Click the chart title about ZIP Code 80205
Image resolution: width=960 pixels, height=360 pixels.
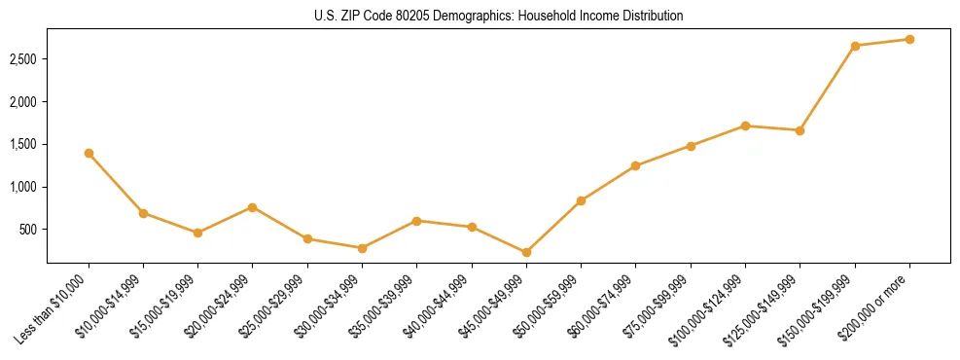click(498, 16)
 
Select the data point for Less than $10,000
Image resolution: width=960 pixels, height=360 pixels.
click(89, 153)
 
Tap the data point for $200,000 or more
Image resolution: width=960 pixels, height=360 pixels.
click(909, 39)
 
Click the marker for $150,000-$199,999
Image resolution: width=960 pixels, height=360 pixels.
click(855, 46)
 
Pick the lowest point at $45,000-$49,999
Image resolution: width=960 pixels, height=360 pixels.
click(526, 252)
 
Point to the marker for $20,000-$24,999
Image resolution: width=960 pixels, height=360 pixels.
click(253, 207)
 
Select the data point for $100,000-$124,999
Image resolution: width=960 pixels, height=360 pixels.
click(745, 126)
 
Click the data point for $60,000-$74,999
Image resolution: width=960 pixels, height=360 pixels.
click(636, 165)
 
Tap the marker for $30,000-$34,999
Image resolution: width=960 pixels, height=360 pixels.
click(362, 248)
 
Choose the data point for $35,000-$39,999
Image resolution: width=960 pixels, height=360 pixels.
click(417, 221)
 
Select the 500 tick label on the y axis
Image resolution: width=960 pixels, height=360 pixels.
click(28, 230)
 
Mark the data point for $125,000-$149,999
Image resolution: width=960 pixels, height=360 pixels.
click(800, 130)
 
